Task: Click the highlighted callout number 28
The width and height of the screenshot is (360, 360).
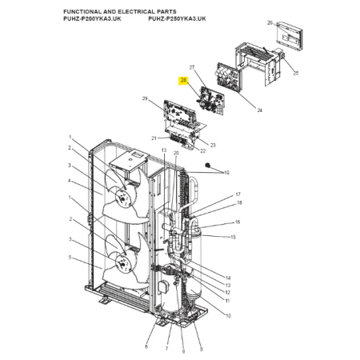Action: (184, 80)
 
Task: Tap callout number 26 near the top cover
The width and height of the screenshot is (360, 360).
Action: (270, 23)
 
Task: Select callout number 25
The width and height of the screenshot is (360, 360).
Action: (295, 73)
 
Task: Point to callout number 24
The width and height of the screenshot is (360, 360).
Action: (259, 110)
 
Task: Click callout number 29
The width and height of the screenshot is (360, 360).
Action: (145, 99)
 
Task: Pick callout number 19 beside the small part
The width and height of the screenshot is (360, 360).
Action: (226, 173)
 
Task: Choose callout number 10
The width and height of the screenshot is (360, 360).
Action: (228, 316)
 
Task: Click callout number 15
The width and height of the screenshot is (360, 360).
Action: (233, 237)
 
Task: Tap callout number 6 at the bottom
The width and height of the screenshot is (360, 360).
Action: (146, 346)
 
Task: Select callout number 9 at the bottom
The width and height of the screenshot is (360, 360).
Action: (202, 350)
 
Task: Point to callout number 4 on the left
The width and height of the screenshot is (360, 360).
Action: (70, 181)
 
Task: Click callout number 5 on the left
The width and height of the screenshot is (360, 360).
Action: (70, 258)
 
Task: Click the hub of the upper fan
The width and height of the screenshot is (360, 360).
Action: (123, 198)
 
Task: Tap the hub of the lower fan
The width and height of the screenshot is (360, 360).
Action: (122, 263)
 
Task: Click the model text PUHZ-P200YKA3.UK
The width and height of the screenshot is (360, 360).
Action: (92, 19)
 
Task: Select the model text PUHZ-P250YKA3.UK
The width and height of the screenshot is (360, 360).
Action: (177, 19)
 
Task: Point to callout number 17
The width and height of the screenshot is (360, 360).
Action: (238, 194)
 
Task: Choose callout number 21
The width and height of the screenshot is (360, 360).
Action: (154, 138)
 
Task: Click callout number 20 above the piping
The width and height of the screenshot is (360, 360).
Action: (176, 153)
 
